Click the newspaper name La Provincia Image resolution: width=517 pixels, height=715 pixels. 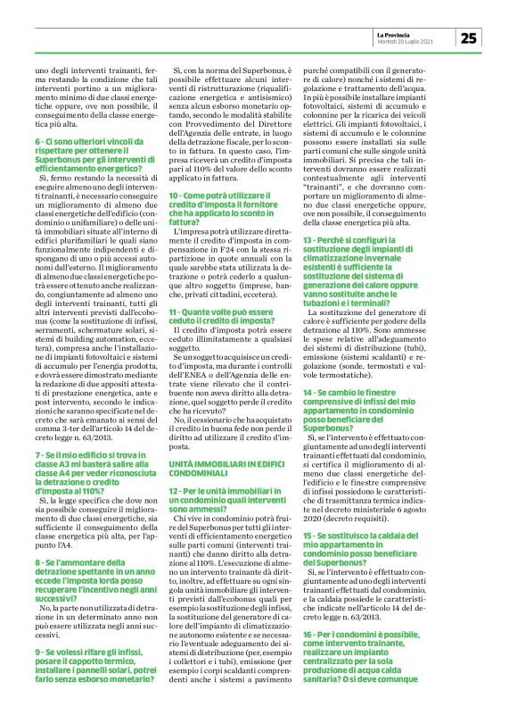point(408,33)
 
